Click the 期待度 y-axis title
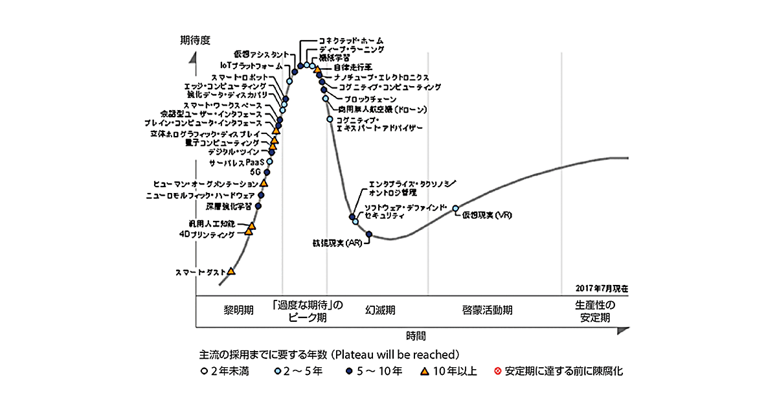tap(196, 40)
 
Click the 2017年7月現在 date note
tap(602, 288)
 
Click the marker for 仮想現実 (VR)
tap(456, 209)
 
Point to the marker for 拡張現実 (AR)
tap(369, 234)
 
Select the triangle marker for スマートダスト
tap(232, 271)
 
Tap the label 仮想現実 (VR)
tap(487, 215)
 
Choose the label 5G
tap(255, 173)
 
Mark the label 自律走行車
tap(352, 67)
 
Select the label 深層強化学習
tap(229, 207)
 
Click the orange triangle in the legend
tap(424, 372)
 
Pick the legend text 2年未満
tap(232, 372)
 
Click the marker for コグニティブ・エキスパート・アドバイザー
tap(330, 119)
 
